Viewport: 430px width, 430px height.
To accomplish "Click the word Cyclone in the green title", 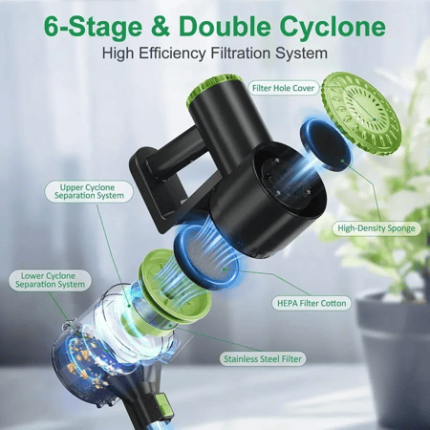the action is [333, 27].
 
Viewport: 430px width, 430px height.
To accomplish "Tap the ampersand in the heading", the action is [161, 26].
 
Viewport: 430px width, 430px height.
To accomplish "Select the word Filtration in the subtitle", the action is [241, 53].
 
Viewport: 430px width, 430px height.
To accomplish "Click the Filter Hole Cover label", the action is [283, 88].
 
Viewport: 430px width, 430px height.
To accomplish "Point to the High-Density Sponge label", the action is [376, 228].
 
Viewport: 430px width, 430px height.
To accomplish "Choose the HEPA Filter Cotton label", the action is [312, 303].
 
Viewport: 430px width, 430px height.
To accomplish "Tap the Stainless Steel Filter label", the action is [263, 359].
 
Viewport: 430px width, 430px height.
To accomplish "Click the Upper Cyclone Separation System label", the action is [89, 191].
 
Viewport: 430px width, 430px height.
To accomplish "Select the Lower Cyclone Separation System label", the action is [50, 280].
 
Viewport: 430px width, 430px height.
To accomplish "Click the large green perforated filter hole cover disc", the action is [361, 113].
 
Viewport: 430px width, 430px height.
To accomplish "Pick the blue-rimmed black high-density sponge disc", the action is [325, 145].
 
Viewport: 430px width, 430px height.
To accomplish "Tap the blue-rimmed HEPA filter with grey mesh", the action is [207, 254].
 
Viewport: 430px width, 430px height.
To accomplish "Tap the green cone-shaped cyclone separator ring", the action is [175, 286].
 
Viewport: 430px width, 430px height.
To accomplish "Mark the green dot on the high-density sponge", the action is [342, 161].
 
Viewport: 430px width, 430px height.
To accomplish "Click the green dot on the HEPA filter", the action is [225, 269].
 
